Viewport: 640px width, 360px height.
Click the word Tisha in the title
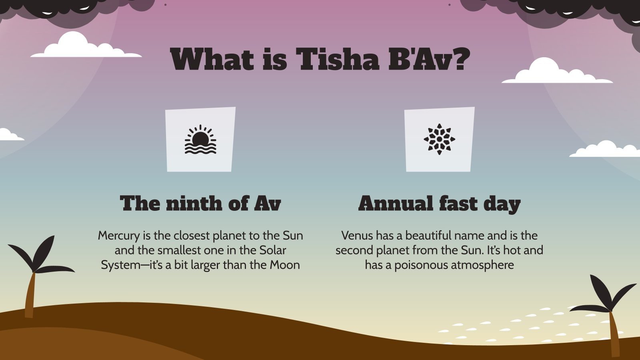point(337,59)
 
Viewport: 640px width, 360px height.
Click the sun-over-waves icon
point(200,140)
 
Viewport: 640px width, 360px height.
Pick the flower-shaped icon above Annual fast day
point(439,139)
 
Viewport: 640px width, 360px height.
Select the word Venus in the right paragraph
point(357,235)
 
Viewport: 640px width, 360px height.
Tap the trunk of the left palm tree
point(30,296)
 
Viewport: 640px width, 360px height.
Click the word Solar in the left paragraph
point(272,250)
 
